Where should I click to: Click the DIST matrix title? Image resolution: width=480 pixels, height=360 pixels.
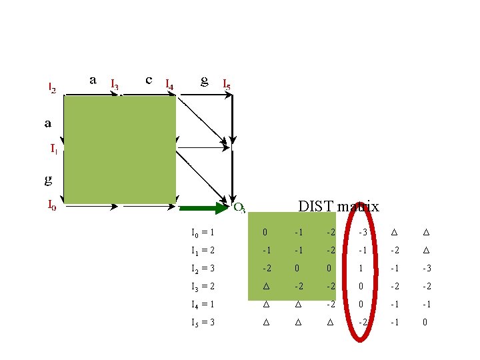coord(338,207)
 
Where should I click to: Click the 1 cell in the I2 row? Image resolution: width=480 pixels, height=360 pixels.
coord(361,269)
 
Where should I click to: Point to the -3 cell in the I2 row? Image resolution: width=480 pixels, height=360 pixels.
coord(426,269)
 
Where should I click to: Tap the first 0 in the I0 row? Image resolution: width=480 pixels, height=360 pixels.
coord(265,233)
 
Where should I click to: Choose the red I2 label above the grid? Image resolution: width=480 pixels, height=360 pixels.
coord(52,87)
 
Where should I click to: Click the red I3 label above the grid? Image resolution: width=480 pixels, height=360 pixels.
coord(115,85)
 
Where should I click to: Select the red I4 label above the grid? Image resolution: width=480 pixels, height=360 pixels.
coord(169,85)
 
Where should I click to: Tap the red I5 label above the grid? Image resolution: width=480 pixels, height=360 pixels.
coord(227,85)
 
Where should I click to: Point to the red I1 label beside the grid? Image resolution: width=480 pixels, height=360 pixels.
coord(53,149)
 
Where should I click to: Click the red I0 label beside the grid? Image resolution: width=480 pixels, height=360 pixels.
coord(52,205)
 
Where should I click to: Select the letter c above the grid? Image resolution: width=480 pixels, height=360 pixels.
coord(149,79)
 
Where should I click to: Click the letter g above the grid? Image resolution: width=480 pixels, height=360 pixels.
coord(205,81)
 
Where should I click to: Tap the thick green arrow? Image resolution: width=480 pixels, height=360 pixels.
coord(203,208)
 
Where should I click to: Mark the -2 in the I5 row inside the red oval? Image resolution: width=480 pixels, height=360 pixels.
coord(361,323)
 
